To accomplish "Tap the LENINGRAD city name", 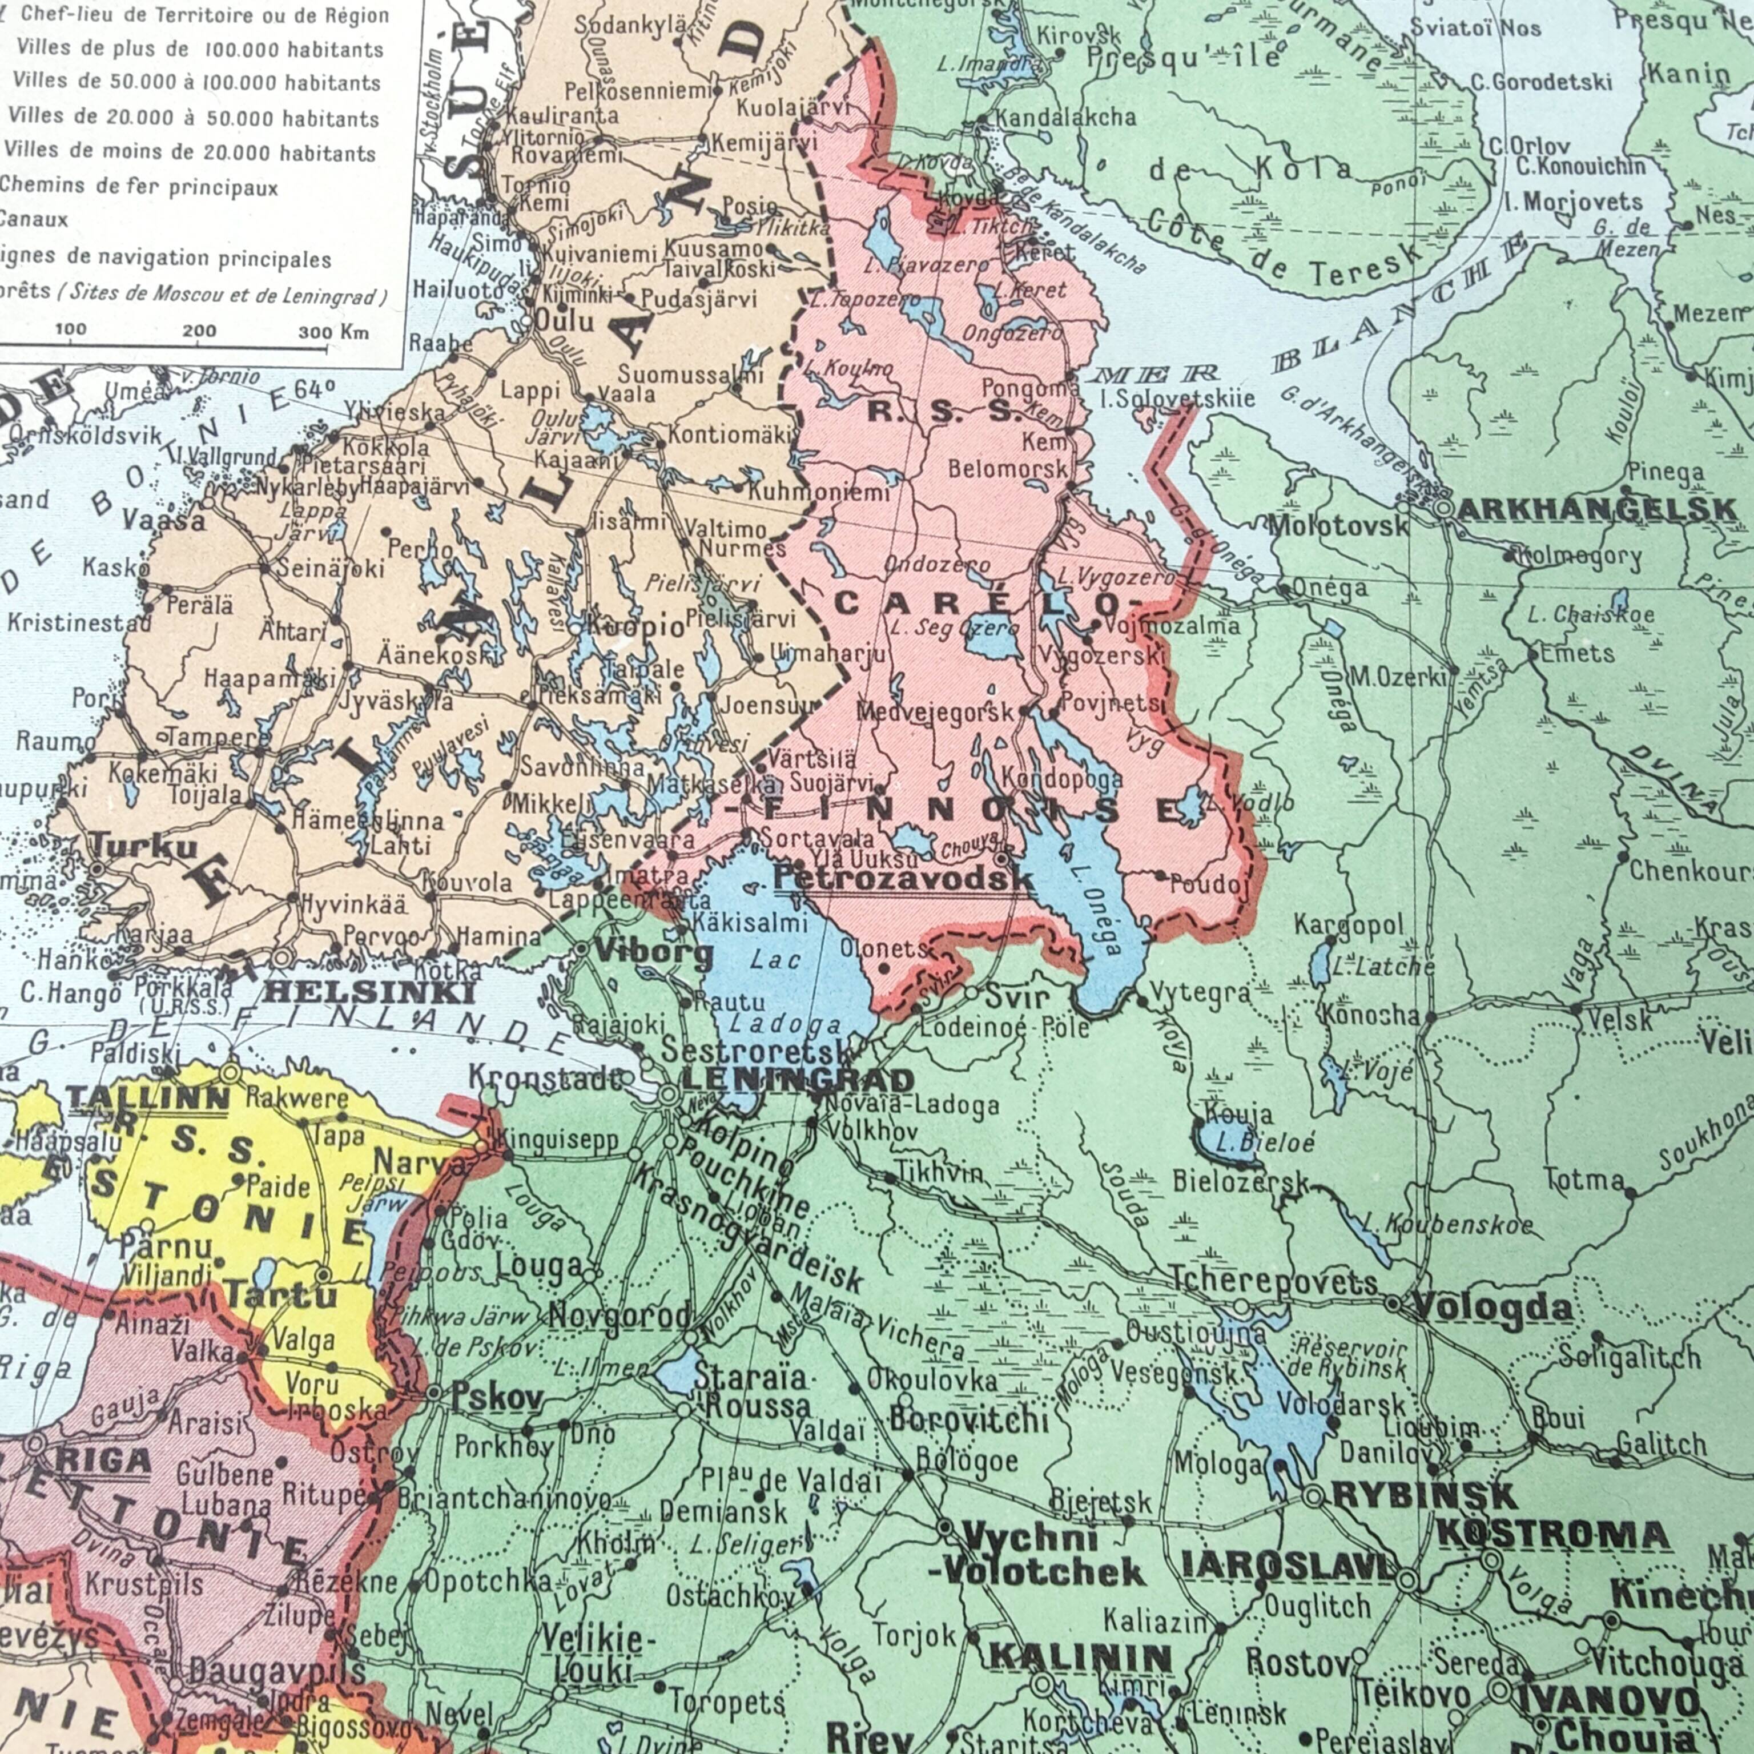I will [x=797, y=1080].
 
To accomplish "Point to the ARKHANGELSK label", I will [x=1596, y=510].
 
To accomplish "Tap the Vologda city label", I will [x=1492, y=1308].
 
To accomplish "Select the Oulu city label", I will [x=564, y=320].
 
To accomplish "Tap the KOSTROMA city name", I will [x=1554, y=1536].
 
